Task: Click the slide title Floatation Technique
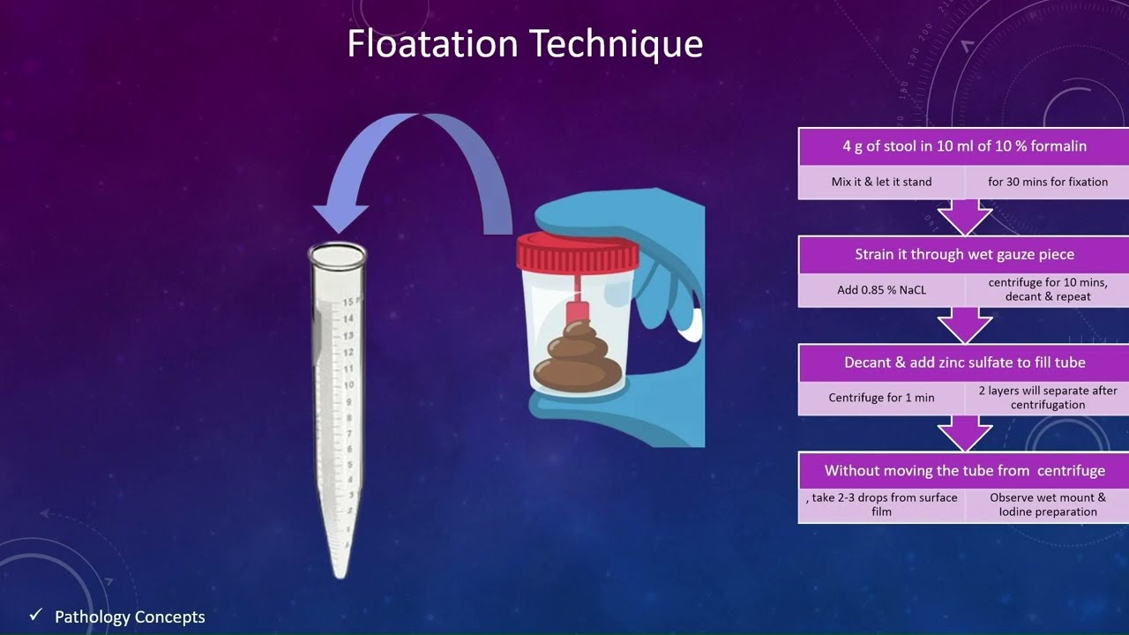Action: (x=525, y=44)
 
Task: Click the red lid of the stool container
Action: (x=578, y=252)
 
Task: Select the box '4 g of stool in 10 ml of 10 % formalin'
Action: (x=963, y=146)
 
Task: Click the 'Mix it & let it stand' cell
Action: (x=881, y=182)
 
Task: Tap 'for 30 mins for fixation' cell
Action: (x=1047, y=182)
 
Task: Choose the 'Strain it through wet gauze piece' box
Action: (x=963, y=254)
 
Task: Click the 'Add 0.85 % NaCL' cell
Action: (x=881, y=289)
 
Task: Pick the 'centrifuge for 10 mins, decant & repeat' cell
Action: (x=1047, y=289)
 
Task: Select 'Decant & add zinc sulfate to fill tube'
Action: (x=963, y=362)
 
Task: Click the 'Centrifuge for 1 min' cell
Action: (x=881, y=398)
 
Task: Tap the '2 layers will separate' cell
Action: (x=1047, y=398)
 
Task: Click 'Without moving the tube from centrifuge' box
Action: (x=963, y=470)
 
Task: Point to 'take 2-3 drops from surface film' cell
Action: (x=881, y=504)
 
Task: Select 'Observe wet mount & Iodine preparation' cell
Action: (x=1047, y=504)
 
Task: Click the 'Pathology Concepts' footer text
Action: (x=130, y=616)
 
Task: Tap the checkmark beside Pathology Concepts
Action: (x=36, y=615)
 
